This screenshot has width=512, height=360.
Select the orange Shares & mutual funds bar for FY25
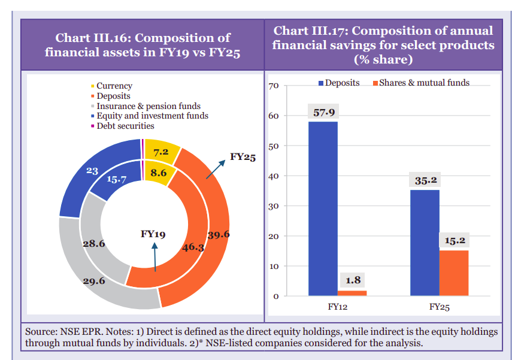click(453, 273)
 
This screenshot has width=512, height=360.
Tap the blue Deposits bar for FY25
click(425, 243)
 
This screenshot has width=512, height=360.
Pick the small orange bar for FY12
click(352, 293)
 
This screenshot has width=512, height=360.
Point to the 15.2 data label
click(454, 241)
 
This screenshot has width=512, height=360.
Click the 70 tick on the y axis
click(274, 86)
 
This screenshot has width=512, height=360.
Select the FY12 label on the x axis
click(337, 307)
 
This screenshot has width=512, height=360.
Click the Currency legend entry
click(114, 86)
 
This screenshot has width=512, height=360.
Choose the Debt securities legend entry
click(125, 126)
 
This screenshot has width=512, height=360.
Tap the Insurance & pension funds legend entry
click(148, 106)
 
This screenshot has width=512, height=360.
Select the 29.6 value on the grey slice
click(94, 282)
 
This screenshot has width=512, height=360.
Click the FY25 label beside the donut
click(243, 158)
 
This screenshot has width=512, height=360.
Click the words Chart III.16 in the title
click(90, 38)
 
